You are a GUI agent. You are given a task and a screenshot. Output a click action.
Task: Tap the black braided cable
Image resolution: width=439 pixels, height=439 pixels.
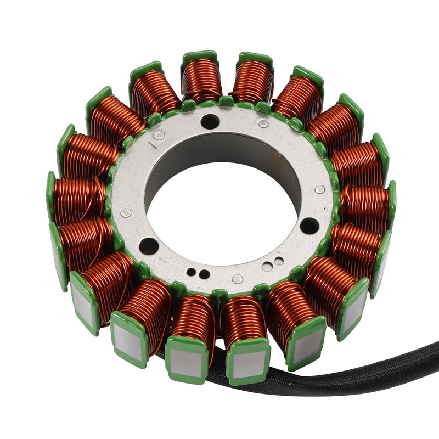(351, 379)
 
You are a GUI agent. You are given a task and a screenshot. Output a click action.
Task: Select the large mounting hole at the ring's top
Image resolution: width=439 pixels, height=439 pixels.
(210, 121)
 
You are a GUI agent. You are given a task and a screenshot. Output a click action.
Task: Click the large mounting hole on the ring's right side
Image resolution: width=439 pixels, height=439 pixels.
(309, 225)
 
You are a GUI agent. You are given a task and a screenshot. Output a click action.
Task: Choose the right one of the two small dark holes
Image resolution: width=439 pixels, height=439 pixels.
(204, 274)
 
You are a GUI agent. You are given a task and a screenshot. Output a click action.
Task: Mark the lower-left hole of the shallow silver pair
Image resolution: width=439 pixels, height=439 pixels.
(267, 267)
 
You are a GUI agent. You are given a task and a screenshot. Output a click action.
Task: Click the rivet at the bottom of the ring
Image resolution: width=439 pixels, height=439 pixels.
(237, 279)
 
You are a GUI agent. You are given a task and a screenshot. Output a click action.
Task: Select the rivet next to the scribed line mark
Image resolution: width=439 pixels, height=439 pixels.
(159, 135)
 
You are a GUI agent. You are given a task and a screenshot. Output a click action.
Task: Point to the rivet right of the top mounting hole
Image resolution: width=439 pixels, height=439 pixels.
(263, 123)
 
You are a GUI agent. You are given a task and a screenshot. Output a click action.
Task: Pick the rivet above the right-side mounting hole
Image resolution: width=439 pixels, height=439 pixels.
(319, 189)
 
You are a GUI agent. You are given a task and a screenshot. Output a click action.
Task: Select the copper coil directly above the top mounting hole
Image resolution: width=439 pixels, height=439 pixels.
(202, 80)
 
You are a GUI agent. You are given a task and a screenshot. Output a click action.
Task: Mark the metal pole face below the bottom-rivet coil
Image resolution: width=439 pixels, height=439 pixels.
(248, 363)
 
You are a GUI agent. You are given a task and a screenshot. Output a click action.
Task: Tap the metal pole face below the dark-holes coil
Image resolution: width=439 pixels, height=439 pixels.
(187, 362)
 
